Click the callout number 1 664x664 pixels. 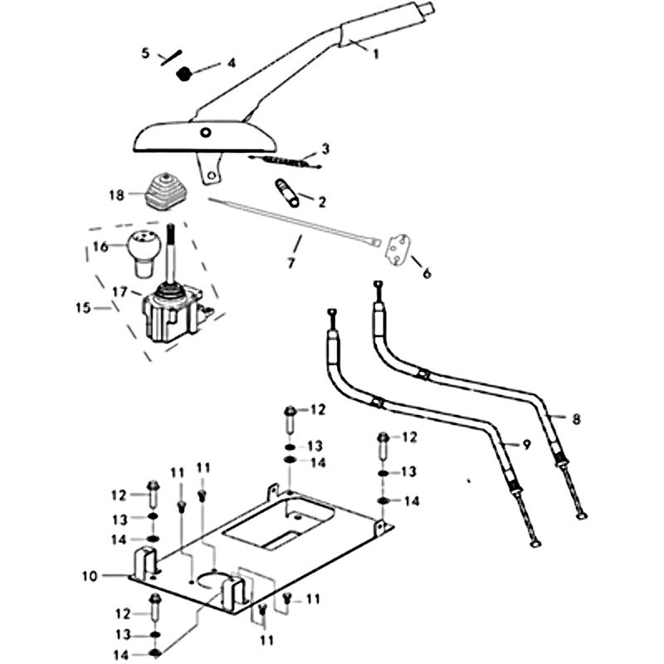click(x=375, y=54)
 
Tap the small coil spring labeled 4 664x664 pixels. click(x=186, y=73)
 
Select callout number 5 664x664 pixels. click(x=146, y=54)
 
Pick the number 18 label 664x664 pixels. click(x=115, y=195)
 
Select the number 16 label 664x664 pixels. click(x=100, y=247)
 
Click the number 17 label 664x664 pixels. click(x=119, y=291)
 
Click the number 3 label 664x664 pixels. click(x=325, y=149)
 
